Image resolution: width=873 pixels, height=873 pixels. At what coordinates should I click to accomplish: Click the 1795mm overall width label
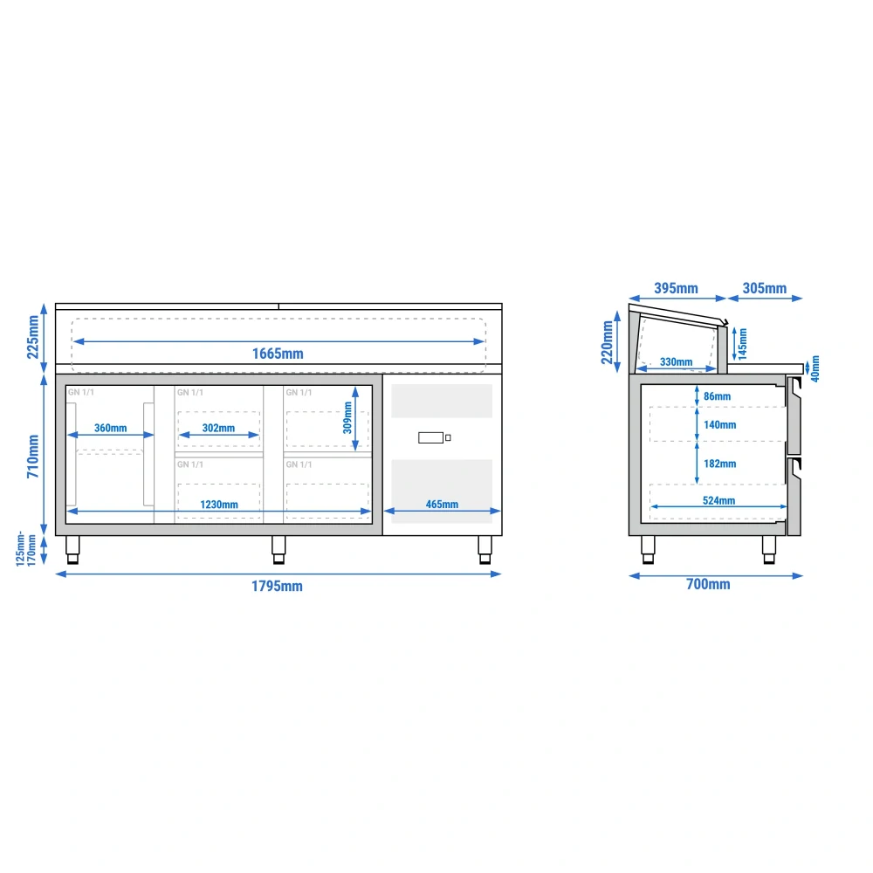(277, 587)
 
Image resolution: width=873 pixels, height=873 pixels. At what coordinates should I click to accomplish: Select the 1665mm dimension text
(278, 354)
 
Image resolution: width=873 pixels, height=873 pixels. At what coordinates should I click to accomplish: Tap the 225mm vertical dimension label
(33, 337)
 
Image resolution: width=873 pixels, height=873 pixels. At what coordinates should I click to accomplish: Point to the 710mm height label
(33, 456)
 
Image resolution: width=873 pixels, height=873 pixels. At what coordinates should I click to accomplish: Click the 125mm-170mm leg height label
(25, 549)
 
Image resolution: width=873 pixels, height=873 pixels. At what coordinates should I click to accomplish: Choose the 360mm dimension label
(110, 428)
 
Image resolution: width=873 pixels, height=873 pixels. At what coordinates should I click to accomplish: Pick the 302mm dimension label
(218, 428)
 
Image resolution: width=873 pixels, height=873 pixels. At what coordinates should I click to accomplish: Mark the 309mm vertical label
(347, 417)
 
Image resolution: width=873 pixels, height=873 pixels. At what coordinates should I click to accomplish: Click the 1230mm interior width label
(219, 505)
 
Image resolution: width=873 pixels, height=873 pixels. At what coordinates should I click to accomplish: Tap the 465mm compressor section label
(442, 505)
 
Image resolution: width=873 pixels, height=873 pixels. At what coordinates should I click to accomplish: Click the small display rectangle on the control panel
(431, 437)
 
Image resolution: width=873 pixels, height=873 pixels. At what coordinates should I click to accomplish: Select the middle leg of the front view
(278, 550)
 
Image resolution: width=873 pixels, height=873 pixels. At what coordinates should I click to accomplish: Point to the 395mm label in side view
(676, 288)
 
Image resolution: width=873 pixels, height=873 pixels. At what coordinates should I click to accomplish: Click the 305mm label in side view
(765, 288)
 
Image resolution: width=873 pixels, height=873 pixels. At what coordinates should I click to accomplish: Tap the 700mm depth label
(708, 584)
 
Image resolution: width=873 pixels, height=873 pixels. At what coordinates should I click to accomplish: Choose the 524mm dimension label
(718, 500)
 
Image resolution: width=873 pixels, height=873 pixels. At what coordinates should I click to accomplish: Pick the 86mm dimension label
(717, 396)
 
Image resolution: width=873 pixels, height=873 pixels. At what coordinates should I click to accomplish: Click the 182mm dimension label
(720, 464)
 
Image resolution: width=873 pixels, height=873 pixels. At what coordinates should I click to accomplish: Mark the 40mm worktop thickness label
(815, 368)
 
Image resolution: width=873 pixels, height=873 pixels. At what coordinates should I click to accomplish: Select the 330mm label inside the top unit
(676, 362)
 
